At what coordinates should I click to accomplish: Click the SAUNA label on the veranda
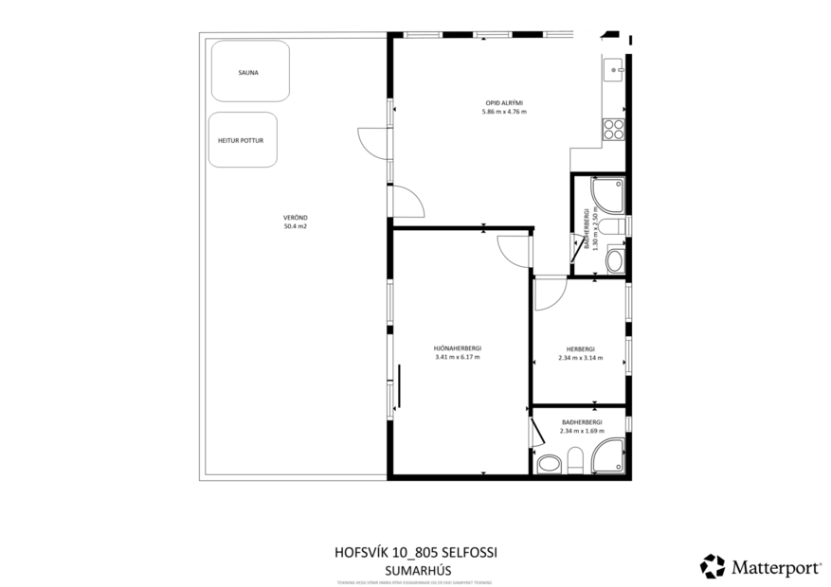click(x=249, y=72)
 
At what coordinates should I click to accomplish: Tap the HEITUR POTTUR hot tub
click(x=241, y=140)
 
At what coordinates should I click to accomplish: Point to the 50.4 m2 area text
click(x=295, y=226)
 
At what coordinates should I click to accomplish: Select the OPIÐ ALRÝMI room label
click(x=504, y=102)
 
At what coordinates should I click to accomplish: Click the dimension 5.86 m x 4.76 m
click(x=504, y=112)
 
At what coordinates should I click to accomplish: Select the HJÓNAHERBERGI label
click(x=458, y=347)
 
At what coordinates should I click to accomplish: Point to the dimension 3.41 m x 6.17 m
click(x=458, y=357)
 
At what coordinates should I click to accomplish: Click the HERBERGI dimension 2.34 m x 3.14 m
click(x=580, y=358)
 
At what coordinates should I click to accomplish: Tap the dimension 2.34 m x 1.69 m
click(x=580, y=431)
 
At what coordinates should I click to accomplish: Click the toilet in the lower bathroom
click(x=575, y=461)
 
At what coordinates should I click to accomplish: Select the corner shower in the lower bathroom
click(x=607, y=454)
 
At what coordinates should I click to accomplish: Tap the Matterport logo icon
click(x=712, y=566)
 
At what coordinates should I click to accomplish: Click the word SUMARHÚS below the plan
click(x=416, y=570)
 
